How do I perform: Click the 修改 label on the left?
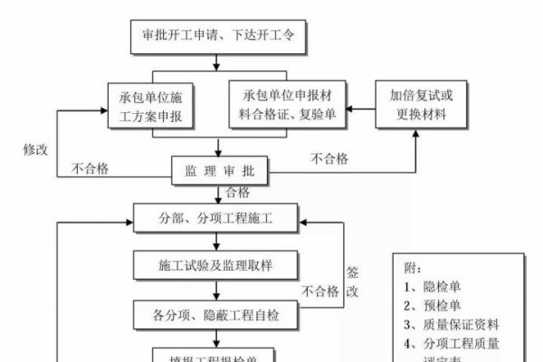(x=36, y=147)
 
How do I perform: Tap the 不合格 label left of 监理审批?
(x=90, y=167)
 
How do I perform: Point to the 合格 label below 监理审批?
(x=237, y=192)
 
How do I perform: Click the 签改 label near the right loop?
(x=354, y=282)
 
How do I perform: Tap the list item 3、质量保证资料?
(x=452, y=324)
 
